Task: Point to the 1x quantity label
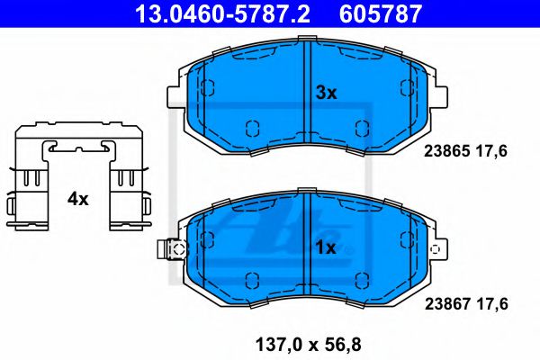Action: click(x=326, y=247)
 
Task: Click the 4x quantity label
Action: click(x=78, y=199)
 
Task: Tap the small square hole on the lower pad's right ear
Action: click(x=437, y=250)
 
